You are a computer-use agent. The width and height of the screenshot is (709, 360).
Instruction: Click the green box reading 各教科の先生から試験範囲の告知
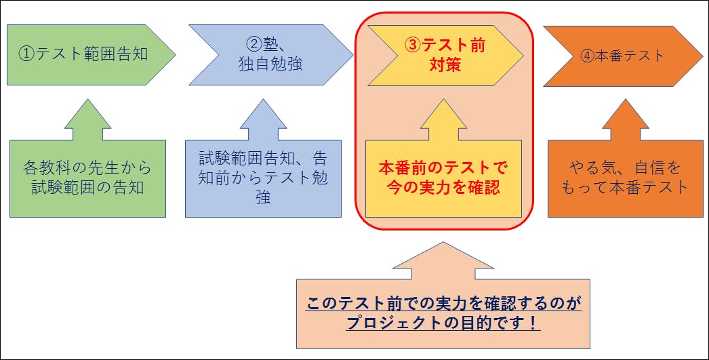[x=87, y=178]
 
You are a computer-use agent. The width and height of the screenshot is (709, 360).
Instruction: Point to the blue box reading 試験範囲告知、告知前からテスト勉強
[x=263, y=178]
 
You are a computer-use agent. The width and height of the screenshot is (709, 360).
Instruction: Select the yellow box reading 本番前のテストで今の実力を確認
[x=444, y=178]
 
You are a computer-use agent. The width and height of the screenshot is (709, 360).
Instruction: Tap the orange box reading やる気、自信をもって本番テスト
[x=625, y=178]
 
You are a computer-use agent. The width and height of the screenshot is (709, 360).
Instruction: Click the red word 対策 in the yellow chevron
[x=445, y=65]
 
